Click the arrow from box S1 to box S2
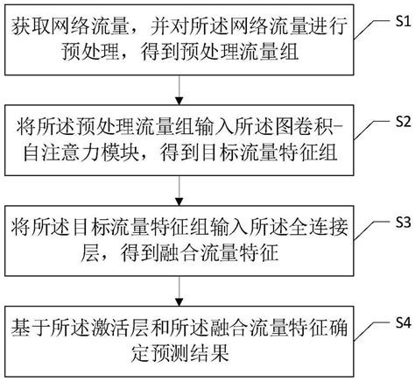[179, 92]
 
